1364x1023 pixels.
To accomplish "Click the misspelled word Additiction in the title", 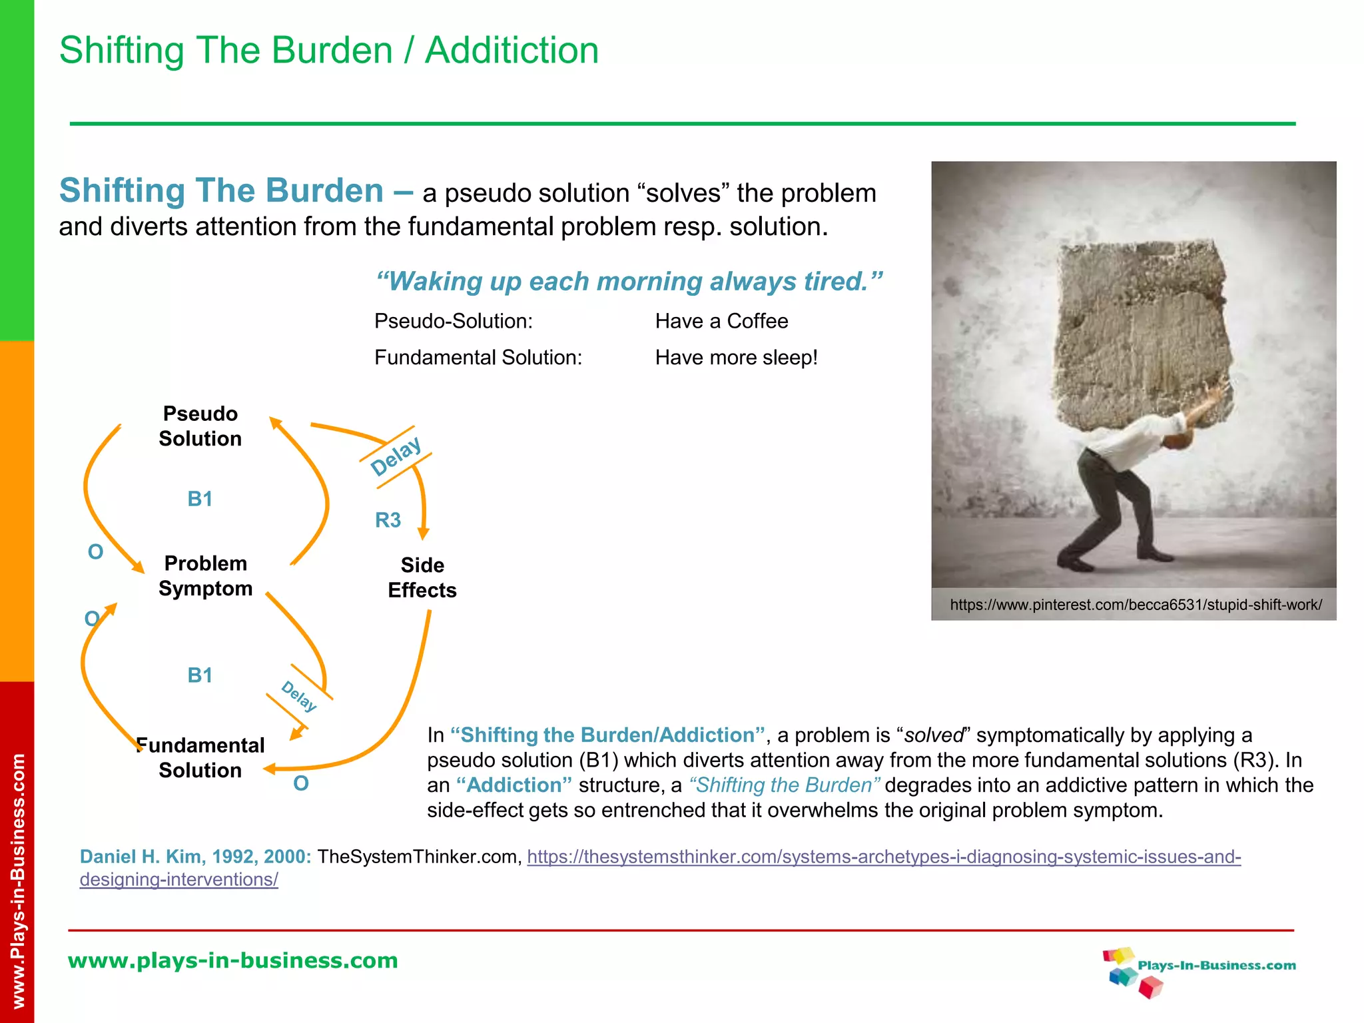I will click(x=511, y=51).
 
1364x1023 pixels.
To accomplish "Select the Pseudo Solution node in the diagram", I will click(x=200, y=426).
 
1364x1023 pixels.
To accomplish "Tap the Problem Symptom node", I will click(x=205, y=576).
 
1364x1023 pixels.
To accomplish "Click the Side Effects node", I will click(x=422, y=577).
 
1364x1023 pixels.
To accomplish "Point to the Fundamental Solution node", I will click(x=200, y=757).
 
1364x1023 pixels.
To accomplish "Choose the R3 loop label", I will click(x=388, y=519).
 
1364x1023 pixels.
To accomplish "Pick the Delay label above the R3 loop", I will click(x=396, y=457).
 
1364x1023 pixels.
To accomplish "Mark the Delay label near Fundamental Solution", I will click(x=298, y=696).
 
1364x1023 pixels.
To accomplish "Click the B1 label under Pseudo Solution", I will click(x=200, y=499).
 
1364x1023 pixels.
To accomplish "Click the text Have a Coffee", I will click(x=721, y=321).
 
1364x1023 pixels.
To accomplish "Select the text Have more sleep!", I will click(x=736, y=358).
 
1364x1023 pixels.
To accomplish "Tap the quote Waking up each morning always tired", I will click(x=629, y=282).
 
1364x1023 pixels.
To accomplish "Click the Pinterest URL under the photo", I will click(x=1136, y=605).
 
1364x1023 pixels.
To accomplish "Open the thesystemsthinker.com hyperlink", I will click(x=883, y=856).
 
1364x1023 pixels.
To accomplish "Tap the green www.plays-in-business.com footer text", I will click(x=232, y=960).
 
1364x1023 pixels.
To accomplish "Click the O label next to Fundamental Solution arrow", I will click(x=301, y=783).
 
